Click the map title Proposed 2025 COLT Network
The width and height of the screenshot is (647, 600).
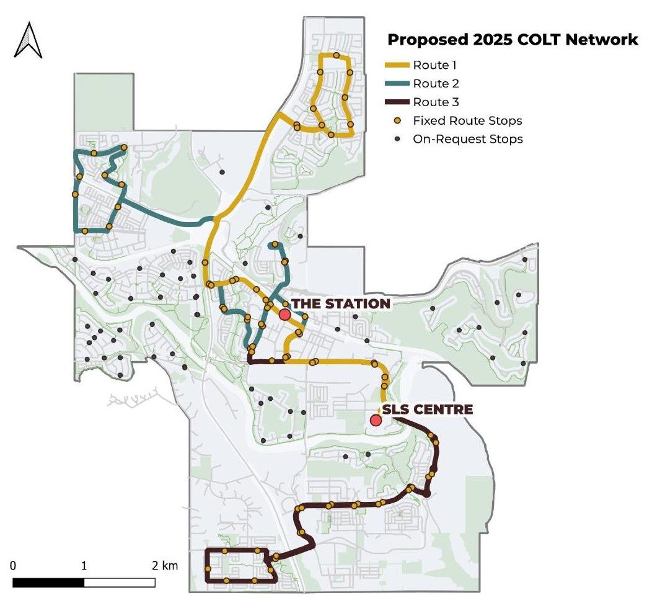click(512, 40)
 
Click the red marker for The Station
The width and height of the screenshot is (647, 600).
click(284, 315)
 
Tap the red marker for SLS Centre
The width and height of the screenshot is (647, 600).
click(375, 421)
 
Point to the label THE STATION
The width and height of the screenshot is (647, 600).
click(340, 303)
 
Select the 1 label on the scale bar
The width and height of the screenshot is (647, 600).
click(84, 566)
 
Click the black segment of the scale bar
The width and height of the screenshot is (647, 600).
click(48, 583)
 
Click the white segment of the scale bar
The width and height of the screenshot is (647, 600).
click(120, 583)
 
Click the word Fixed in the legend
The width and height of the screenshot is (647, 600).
click(426, 120)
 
